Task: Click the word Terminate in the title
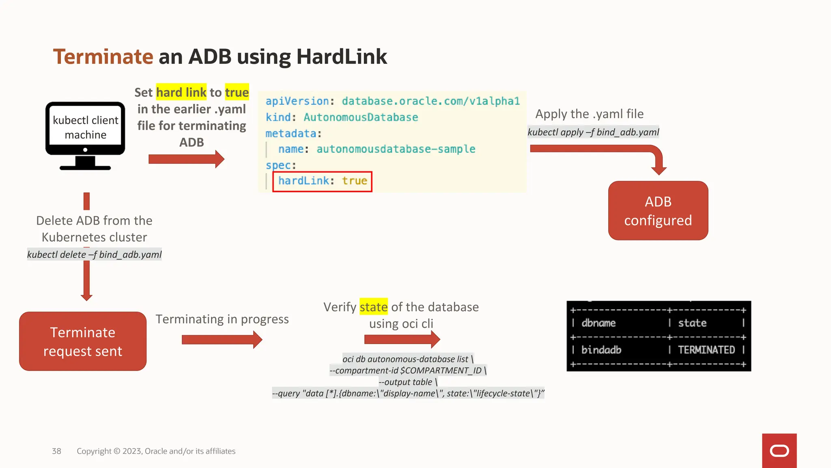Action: [103, 56]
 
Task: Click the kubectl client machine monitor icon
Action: [85, 135]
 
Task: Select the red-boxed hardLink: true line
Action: [322, 181]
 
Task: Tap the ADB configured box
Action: [658, 211]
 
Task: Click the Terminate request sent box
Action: [83, 341]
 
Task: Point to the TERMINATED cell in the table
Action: [706, 350]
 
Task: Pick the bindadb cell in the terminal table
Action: [601, 350]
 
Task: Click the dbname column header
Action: [598, 323]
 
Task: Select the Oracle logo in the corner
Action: [779, 451]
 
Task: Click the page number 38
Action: [56, 451]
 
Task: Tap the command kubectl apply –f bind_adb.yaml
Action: [593, 132]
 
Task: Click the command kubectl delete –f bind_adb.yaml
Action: [94, 255]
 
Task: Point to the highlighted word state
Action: [373, 307]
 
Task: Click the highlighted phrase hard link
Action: [181, 93]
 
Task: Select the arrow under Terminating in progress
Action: [222, 340]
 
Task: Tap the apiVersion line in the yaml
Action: [392, 101]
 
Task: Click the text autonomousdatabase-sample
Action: [396, 149]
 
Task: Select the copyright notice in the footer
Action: [156, 451]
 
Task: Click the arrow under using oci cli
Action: [402, 339]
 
